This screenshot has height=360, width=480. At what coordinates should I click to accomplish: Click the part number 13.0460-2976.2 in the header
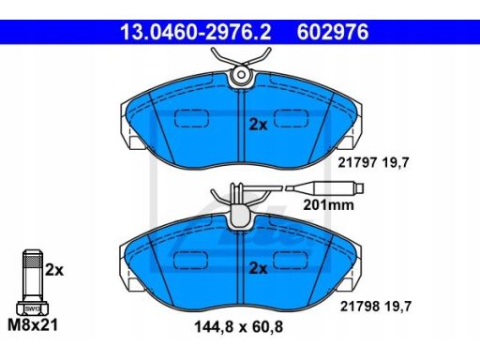(x=196, y=32)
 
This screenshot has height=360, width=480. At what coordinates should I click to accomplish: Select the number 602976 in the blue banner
(x=333, y=32)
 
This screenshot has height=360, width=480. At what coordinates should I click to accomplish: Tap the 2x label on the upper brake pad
(x=258, y=125)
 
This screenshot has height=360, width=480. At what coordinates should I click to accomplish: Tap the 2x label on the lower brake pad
(x=258, y=268)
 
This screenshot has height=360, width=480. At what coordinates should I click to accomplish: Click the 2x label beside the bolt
(x=54, y=270)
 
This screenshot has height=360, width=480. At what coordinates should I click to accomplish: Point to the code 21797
(x=357, y=163)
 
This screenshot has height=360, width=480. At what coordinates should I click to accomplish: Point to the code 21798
(x=360, y=307)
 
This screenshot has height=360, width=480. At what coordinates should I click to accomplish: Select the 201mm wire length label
(x=329, y=205)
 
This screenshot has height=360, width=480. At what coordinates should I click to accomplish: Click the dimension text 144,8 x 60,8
(x=238, y=327)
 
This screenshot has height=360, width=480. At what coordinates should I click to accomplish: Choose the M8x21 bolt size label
(x=33, y=325)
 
